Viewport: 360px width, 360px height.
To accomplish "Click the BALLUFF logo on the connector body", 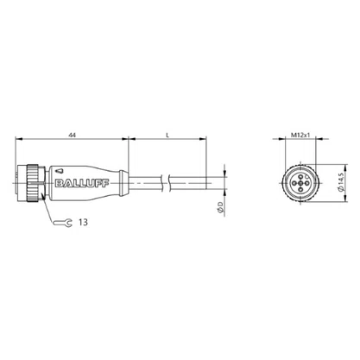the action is click(x=82, y=183).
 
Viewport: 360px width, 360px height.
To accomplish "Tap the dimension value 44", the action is click(x=72, y=135).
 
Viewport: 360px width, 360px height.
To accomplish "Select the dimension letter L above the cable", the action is click(x=167, y=135).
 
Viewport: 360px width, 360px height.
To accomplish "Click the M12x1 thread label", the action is click(x=300, y=135).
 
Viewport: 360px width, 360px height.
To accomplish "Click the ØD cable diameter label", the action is click(x=220, y=207).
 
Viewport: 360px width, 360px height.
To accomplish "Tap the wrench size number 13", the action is click(x=83, y=222).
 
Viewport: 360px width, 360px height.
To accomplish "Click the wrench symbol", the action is click(x=62, y=222).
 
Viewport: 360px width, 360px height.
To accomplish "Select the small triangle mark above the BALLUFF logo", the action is click(x=60, y=171).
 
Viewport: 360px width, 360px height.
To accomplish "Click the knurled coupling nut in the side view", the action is click(x=32, y=184).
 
